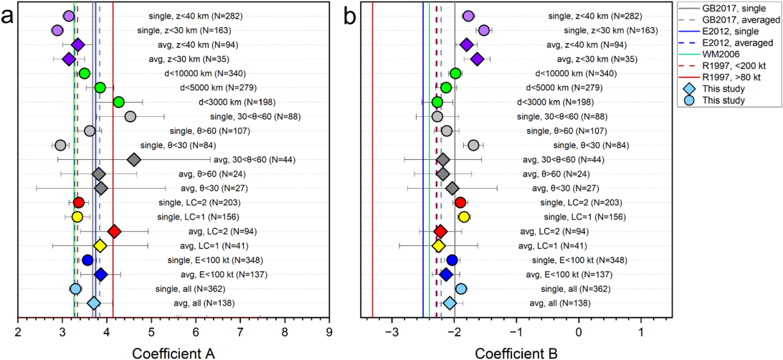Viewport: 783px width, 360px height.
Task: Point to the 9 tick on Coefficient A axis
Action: (x=329, y=331)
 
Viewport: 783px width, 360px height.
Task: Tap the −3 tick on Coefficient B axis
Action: (x=391, y=331)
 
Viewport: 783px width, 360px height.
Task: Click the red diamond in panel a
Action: (x=113, y=231)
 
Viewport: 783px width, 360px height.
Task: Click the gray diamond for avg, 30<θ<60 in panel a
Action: (x=133, y=159)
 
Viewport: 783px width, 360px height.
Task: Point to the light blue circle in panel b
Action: (x=461, y=288)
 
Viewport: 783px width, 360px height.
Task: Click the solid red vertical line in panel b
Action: (x=373, y=179)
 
